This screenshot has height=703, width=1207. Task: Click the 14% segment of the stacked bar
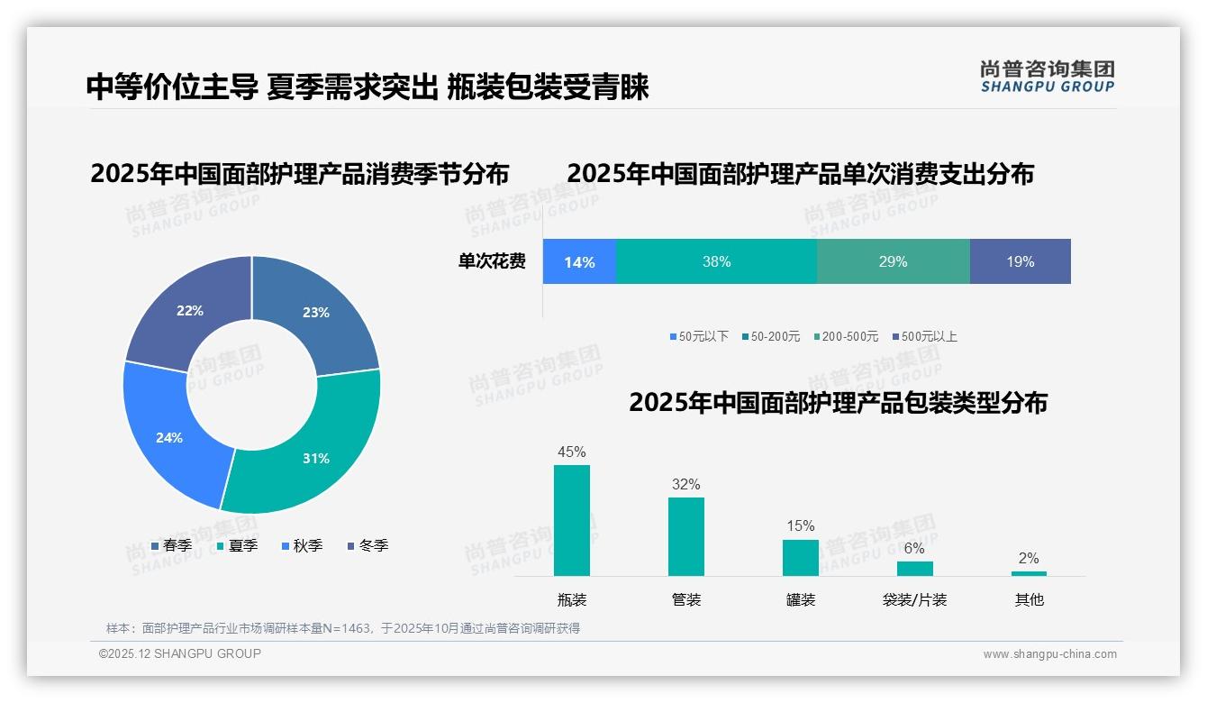click(579, 262)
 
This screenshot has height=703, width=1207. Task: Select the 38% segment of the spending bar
click(716, 262)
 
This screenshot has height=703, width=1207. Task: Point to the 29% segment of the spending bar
click(893, 262)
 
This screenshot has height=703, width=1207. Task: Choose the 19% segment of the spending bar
click(1020, 262)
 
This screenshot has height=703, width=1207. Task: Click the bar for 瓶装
click(572, 520)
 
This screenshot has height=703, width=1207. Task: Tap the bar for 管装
click(686, 536)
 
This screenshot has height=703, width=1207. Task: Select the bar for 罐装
click(801, 558)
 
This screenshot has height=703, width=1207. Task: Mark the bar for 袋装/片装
click(914, 569)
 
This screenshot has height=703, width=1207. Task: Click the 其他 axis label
click(1029, 599)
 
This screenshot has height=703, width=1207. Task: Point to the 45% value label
click(572, 452)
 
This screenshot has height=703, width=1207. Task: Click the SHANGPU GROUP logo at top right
click(1047, 77)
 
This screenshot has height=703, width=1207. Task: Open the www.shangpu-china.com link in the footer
click(1049, 654)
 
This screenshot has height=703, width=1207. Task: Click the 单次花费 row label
click(492, 262)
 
